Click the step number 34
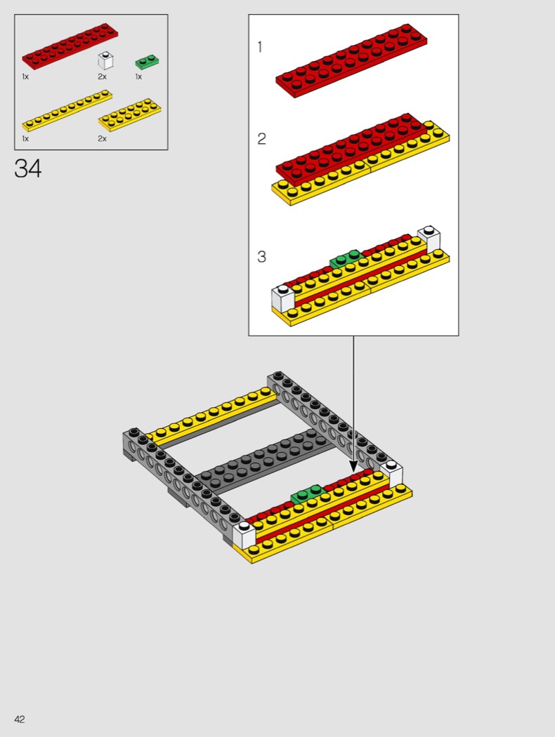coord(28,168)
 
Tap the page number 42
coord(20,719)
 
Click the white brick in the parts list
coord(105,60)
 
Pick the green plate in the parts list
coord(148,62)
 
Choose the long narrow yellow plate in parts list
coord(67,110)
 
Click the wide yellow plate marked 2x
coord(129,114)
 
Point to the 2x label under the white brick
coord(102,77)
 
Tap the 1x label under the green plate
coord(138,77)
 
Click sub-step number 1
coord(260,47)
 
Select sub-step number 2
coord(261,139)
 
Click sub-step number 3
coord(261,257)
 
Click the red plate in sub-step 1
coord(351,60)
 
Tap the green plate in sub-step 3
coord(346,258)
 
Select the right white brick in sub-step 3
coord(429,239)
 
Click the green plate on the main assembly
coord(307,494)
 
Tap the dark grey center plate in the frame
coord(266,460)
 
